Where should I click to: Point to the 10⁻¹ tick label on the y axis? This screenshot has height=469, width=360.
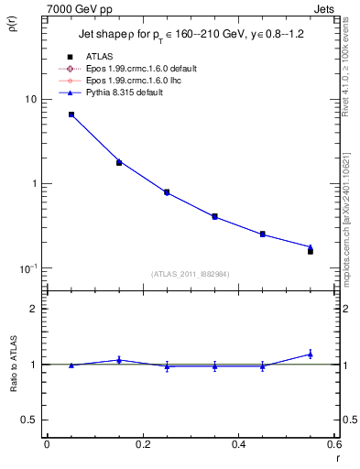coord(27,268)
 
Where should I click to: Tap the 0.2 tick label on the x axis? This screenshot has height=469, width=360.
coord(142,445)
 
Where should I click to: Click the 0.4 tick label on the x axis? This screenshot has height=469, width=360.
coord(239,445)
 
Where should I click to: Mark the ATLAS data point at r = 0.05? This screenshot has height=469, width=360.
coord(71,115)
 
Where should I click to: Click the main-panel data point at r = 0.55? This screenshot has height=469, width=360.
coord(311,250)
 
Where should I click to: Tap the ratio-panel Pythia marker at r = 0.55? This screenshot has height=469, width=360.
coord(311,354)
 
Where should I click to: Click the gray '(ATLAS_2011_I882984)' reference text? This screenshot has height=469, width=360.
coord(190,274)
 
